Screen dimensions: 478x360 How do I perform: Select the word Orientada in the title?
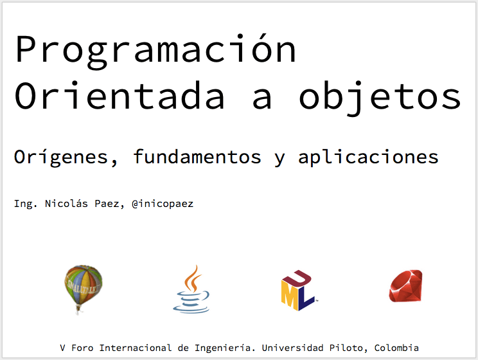point(119,95)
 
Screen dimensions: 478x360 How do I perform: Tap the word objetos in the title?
point(380,98)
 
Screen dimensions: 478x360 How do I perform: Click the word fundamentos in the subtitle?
point(197,156)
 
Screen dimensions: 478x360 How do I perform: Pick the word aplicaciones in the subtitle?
point(368,157)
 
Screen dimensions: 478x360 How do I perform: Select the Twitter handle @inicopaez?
point(163,204)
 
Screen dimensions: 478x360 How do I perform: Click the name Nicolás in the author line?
point(66,203)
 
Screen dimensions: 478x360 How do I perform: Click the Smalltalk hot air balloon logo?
point(83,289)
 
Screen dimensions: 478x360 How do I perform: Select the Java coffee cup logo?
point(191,289)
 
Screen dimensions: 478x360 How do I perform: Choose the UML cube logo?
point(298,290)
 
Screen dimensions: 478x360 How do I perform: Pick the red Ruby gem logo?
point(406,286)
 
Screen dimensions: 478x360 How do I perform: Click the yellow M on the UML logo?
point(289,294)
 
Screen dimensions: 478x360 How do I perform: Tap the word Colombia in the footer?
point(396,348)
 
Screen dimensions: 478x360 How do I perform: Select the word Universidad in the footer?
point(293,348)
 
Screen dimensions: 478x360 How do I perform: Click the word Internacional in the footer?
point(136,348)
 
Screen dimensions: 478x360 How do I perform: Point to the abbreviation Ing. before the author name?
point(26,204)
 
